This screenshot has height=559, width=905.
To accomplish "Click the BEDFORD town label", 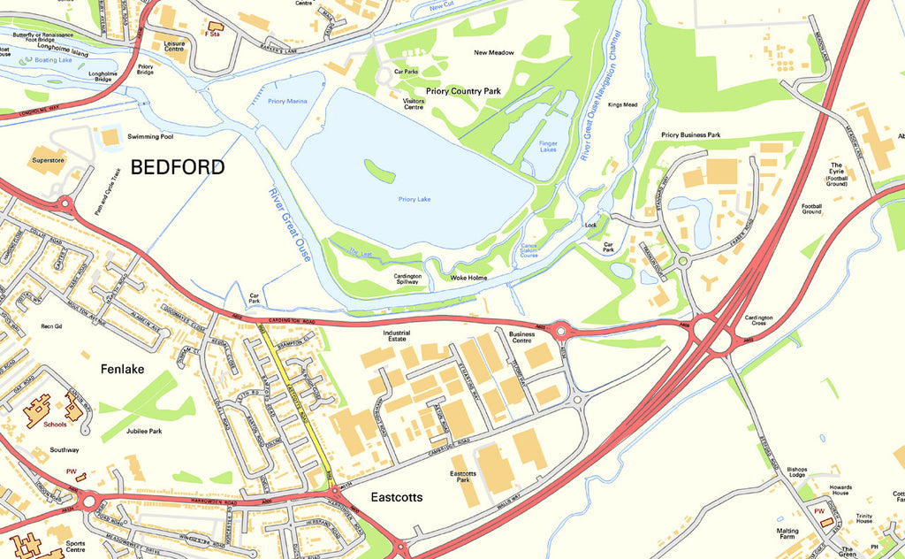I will pyautogui.click(x=178, y=167).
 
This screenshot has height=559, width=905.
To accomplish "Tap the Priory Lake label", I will pyautogui.click(x=413, y=200).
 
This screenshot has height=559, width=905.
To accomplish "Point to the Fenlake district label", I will pyautogui.click(x=122, y=369).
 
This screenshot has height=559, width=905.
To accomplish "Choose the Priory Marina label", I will pyautogui.click(x=287, y=102).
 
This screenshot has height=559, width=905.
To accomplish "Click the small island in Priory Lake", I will pyautogui.click(x=379, y=170).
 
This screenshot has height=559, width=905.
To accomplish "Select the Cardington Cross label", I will pyautogui.click(x=759, y=321).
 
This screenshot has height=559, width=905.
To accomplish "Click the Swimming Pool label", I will pyautogui.click(x=150, y=137).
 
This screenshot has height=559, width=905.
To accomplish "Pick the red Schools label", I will pyautogui.click(x=55, y=425).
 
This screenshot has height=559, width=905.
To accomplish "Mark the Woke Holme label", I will pyautogui.click(x=469, y=278).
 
